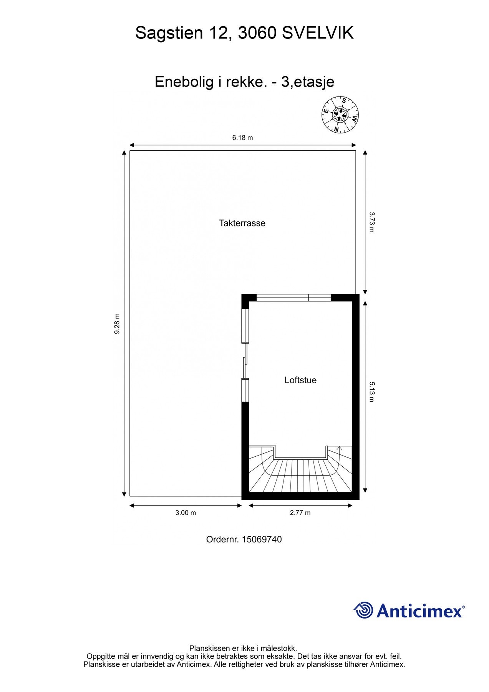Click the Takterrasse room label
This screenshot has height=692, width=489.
coord(242,223)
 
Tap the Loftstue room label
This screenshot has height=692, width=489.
coord(300,380)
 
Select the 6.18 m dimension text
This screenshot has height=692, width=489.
coord(242,138)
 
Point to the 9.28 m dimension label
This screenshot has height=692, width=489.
coord(117,323)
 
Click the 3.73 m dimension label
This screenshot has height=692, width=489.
coord(371,222)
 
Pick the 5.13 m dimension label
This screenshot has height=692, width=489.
coord(371,391)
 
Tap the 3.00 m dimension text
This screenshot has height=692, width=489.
coord(186,512)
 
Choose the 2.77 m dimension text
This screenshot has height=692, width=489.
coord(300,512)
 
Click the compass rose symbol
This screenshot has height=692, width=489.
coord(340,114)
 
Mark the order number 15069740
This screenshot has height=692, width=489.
coord(262,539)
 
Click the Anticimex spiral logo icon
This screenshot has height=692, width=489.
coord(363,610)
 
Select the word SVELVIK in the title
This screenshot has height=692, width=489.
coord(318,33)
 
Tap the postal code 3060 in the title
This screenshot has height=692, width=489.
coord(257,33)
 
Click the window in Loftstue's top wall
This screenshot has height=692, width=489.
coord(293,297)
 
